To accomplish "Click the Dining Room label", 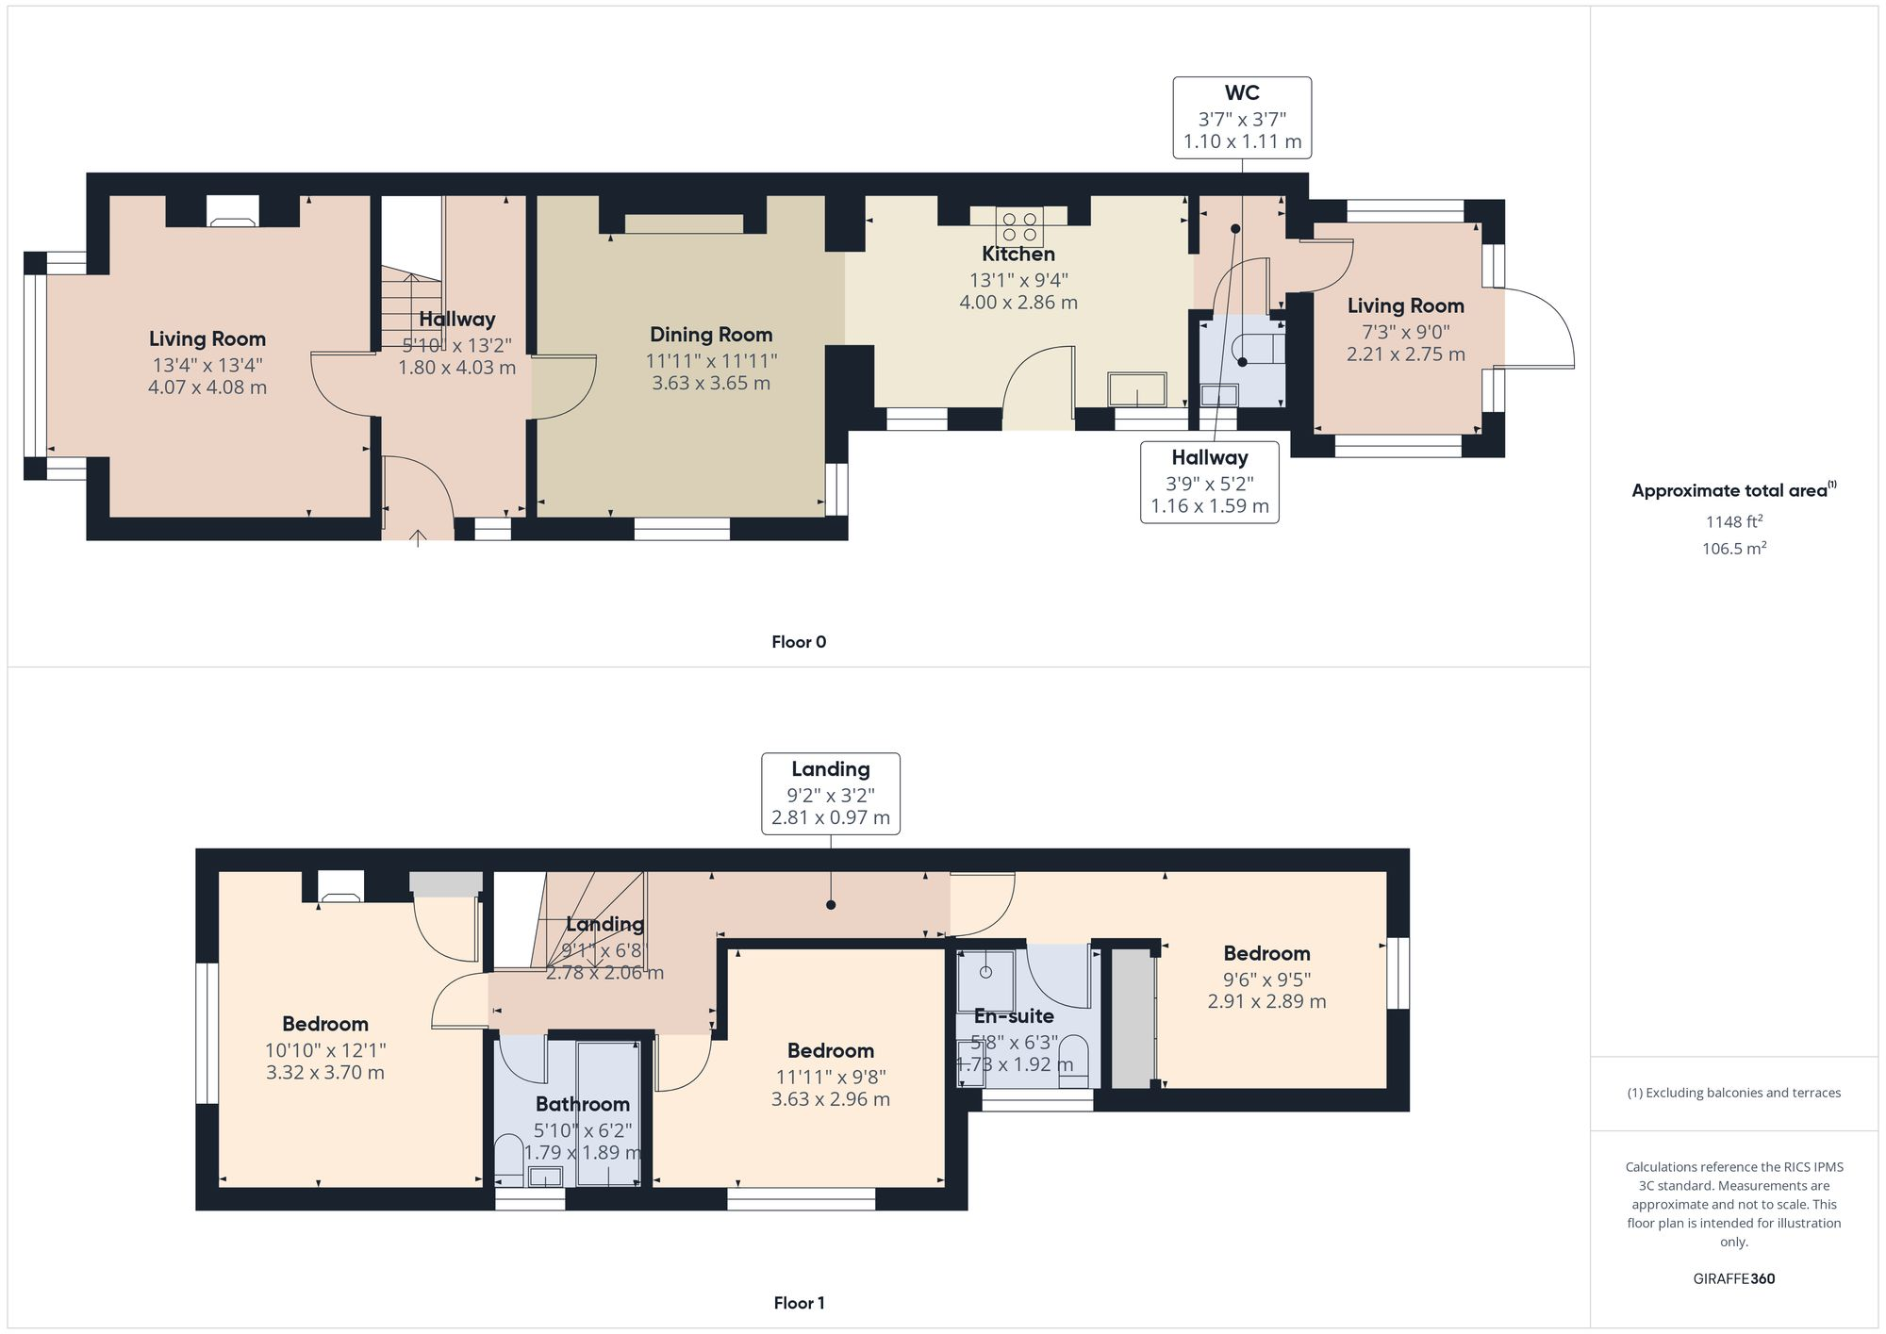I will [711, 335].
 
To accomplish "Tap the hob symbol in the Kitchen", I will [1019, 226].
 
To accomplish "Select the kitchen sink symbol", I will [1136, 389].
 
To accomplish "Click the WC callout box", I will [1242, 117].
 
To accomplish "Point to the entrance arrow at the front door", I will [418, 537].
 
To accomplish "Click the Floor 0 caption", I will [798, 642].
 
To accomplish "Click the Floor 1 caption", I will [798, 1303].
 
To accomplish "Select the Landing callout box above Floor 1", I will [830, 793].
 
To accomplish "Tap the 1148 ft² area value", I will [1733, 521].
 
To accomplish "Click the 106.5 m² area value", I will [1733, 549].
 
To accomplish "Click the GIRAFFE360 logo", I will [1733, 1278].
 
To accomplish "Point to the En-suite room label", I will [1014, 1016].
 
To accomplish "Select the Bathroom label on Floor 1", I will [582, 1104].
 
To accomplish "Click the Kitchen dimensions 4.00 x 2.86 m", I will [1017, 303].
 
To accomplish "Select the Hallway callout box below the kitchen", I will [1209, 482].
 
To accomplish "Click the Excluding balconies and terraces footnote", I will [1733, 1093].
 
